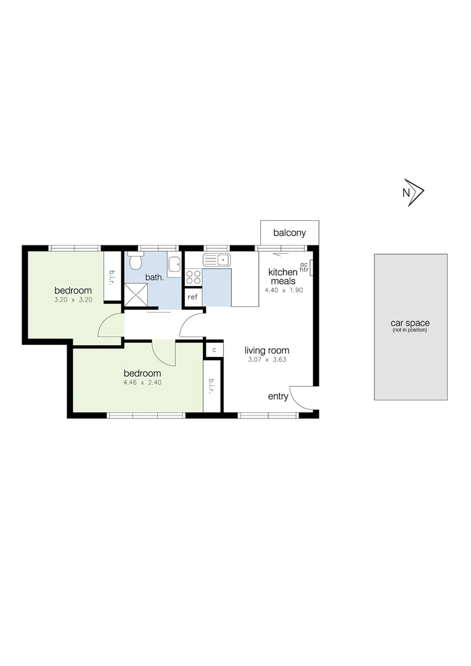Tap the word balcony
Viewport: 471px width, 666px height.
click(290, 233)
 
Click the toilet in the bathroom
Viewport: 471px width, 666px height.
click(135, 262)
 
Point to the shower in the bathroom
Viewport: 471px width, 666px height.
click(136, 295)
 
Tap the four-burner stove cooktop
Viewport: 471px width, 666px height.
click(194, 277)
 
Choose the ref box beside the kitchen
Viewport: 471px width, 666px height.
click(193, 297)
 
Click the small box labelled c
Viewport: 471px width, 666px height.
click(214, 350)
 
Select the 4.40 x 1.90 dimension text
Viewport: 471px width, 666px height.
click(284, 290)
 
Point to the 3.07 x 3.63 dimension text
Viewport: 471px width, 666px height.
click(266, 360)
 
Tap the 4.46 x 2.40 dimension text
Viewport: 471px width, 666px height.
click(142, 382)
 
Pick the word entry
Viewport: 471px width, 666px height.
click(278, 397)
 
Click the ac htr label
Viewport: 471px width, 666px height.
click(303, 267)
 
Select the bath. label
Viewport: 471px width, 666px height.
click(154, 277)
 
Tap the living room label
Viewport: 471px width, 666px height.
click(266, 350)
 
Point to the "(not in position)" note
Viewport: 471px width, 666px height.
click(409, 330)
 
